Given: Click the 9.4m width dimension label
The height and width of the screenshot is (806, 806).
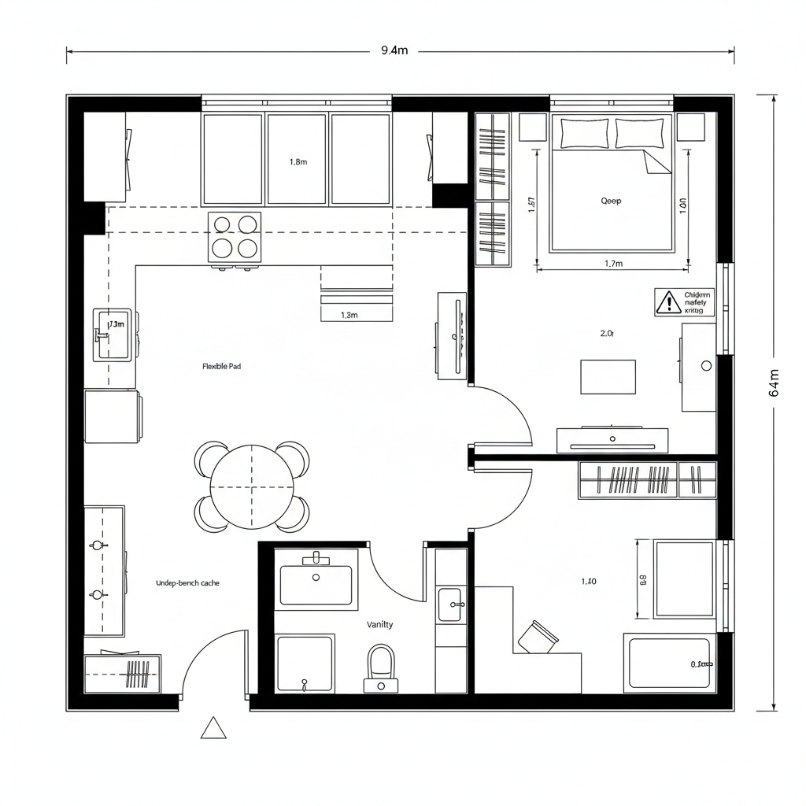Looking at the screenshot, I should (394, 51).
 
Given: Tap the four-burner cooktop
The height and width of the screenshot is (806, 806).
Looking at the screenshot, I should (235, 237).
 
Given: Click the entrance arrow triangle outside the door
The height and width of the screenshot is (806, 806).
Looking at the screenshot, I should (213, 729).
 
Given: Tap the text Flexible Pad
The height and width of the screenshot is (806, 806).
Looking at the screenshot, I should (222, 367).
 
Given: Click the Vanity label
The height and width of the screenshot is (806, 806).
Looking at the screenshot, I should (380, 624).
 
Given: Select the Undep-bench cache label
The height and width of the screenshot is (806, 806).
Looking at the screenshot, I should (188, 583).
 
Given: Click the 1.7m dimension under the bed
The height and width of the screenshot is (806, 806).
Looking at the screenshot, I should (612, 264).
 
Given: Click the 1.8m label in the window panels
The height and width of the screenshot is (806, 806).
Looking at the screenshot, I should (298, 162).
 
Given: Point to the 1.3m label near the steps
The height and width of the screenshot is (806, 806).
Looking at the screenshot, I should (349, 315).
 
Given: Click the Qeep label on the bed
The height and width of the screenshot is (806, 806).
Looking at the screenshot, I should (611, 201).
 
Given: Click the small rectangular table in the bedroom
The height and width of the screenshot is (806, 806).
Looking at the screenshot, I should (608, 376).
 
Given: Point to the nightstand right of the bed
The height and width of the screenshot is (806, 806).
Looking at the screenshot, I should (690, 128).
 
